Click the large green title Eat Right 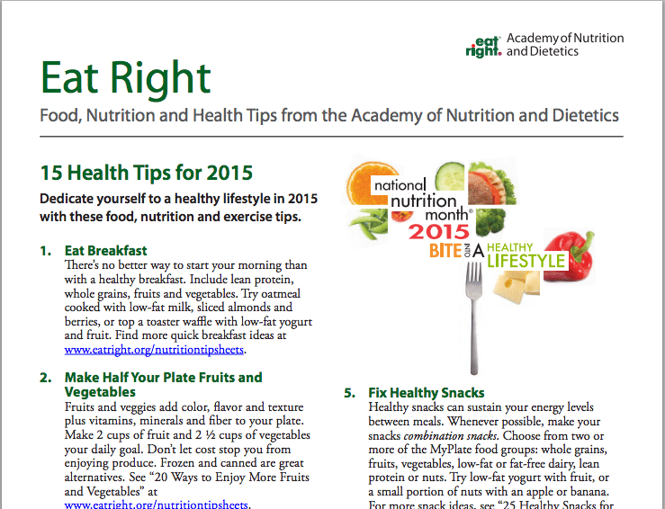pos(126,79)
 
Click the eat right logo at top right pos(483,46)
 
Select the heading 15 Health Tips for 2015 pos(147,173)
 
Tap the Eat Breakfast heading pos(105,251)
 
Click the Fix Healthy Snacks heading pos(427,393)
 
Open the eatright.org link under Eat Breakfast pos(154,350)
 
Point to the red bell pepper pos(570,255)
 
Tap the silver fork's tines pos(473,276)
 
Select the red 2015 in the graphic pos(439,232)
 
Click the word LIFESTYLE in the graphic pos(526,261)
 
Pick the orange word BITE pos(445,251)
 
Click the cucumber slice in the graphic pos(451,176)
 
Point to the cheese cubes pos(517,286)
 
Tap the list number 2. pos(45,378)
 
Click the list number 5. pos(349,393)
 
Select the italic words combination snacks pos(450,435)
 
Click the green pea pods pos(369,224)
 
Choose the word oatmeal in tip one pos(281,293)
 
